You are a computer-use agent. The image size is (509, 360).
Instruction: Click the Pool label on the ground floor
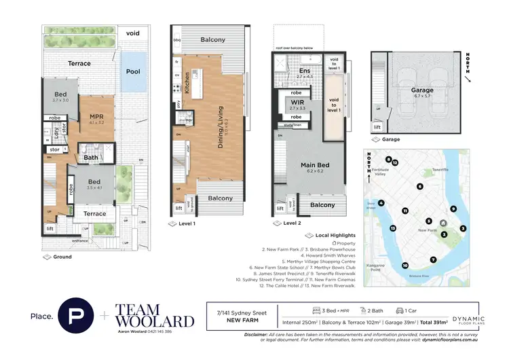coord(133,71)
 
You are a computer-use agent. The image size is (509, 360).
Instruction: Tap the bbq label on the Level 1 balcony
coord(178,40)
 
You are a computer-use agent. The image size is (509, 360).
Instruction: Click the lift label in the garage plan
coord(377,127)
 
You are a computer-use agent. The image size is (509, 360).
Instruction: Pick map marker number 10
coord(405,266)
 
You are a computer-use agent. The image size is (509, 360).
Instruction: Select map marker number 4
coord(382,203)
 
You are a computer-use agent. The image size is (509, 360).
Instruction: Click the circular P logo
coord(75,316)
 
